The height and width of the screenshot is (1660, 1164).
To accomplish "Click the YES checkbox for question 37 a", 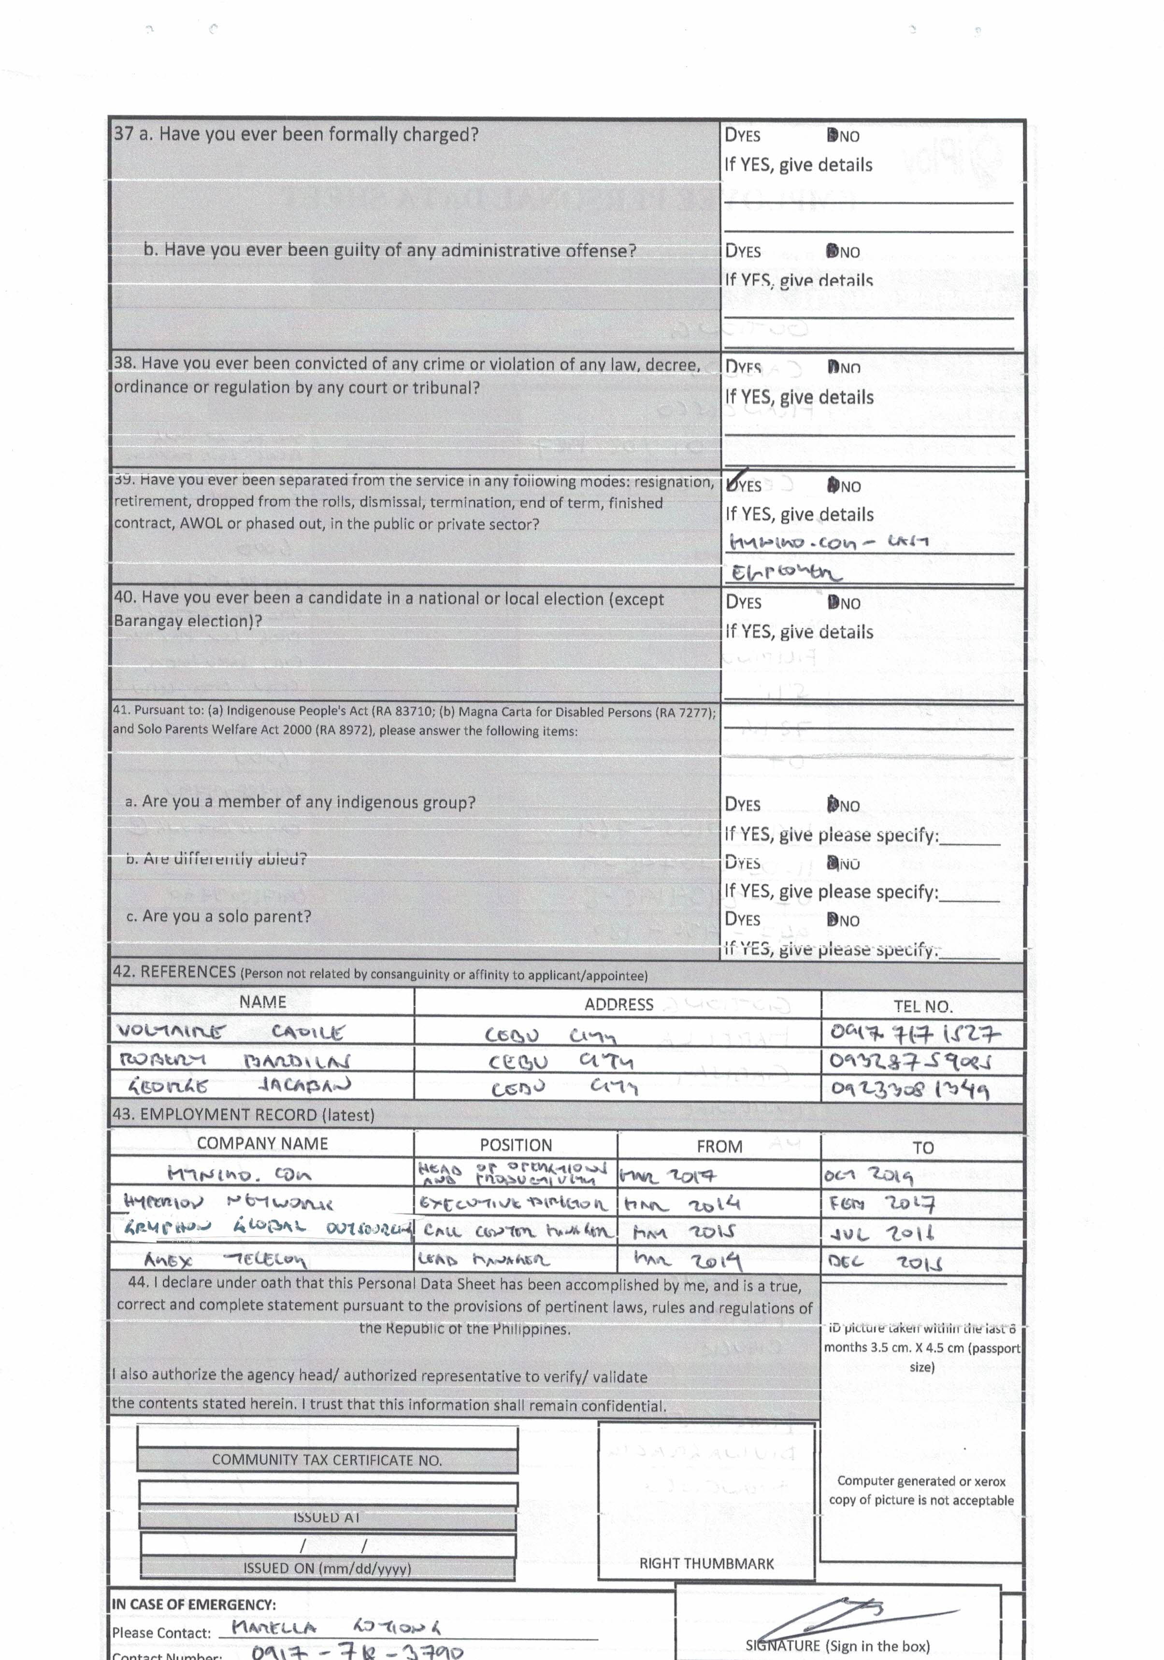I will pyautogui.click(x=731, y=135).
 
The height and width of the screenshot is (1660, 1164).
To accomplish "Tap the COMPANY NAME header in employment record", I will pyautogui.click(x=262, y=1143).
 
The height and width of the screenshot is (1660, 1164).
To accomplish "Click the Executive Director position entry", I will pyautogui.click(x=514, y=1204).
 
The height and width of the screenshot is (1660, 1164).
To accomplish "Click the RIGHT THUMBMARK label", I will pyautogui.click(x=706, y=1563).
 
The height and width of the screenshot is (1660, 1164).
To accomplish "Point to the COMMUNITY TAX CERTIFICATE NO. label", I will pyautogui.click(x=327, y=1460).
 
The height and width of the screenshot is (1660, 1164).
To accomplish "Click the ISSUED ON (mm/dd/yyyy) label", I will pyautogui.click(x=327, y=1568).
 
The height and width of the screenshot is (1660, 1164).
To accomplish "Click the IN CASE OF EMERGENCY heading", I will pyautogui.click(x=193, y=1603).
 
